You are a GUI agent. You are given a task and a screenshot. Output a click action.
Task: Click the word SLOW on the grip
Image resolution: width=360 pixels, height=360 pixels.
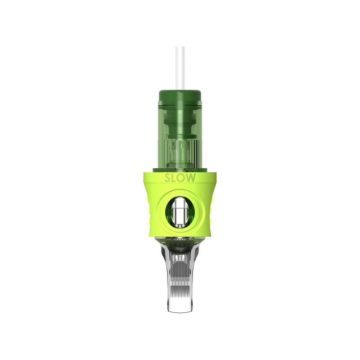click(180, 178)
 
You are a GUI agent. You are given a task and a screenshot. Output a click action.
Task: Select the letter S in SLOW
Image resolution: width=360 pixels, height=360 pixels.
click(167, 178)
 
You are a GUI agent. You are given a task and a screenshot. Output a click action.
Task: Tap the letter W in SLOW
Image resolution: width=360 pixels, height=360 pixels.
click(192, 178)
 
